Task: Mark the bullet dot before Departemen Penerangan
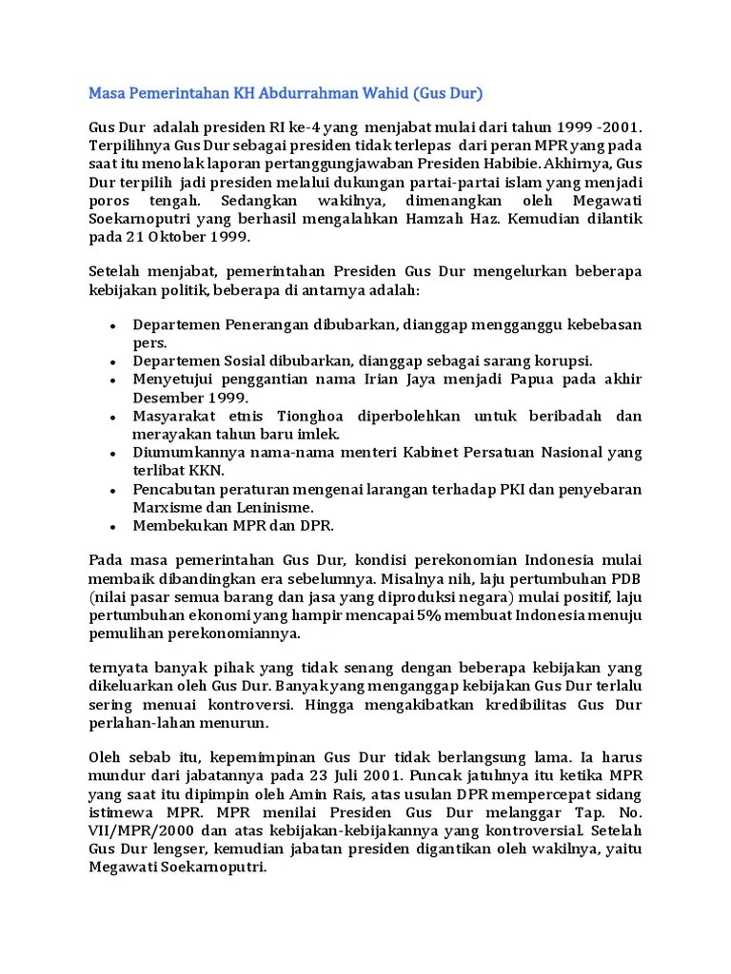point(112,326)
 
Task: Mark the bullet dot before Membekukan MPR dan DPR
point(112,525)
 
